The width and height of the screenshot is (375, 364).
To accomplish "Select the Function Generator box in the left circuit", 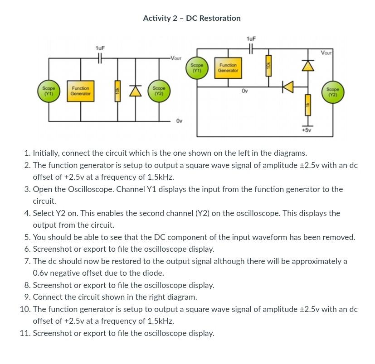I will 81,91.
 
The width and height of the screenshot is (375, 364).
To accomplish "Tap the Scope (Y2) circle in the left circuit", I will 159,91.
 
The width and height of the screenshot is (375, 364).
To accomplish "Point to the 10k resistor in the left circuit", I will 117,91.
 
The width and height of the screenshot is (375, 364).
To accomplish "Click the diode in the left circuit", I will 134,91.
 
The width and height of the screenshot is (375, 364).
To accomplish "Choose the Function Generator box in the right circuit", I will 228,68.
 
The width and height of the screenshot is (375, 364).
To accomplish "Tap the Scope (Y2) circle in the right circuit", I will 333,92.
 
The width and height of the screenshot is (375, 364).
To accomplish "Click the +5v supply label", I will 307,130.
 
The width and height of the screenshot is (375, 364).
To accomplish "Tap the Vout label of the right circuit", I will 326,53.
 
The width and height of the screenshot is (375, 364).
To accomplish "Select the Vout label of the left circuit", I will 175,58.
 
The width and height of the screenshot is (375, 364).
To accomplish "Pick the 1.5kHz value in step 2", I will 161,177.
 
